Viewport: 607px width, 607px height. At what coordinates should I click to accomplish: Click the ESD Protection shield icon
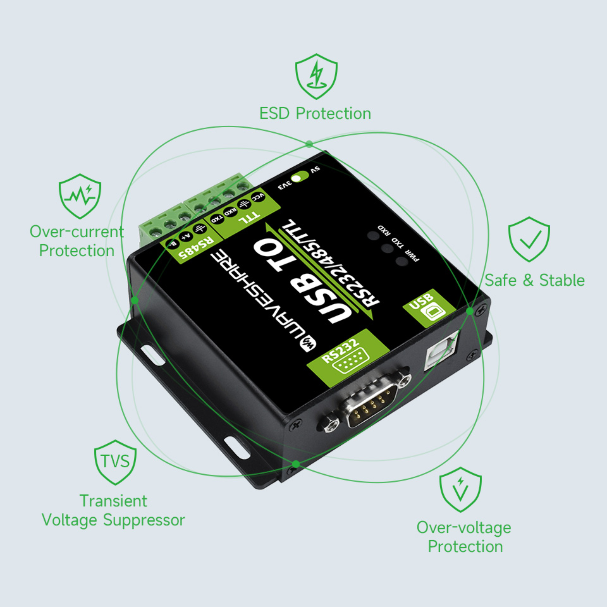tap(316, 76)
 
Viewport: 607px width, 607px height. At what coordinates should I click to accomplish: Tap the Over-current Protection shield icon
tap(80, 196)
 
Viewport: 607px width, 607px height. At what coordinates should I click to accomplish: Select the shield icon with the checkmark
tap(529, 239)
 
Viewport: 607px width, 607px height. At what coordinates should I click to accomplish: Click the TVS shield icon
tap(115, 462)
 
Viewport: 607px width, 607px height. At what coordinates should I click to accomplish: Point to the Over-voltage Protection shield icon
tap(460, 489)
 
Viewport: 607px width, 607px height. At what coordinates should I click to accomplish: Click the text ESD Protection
tap(315, 113)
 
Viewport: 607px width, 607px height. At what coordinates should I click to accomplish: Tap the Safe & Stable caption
tap(534, 280)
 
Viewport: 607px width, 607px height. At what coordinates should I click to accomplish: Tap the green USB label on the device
tap(429, 308)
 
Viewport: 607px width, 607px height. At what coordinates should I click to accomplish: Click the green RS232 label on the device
tap(348, 357)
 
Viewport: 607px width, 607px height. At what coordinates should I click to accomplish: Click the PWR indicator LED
tap(401, 261)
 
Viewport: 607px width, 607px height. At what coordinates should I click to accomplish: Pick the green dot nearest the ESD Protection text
tap(309, 144)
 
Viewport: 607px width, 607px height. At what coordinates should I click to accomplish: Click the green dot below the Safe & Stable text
tap(469, 311)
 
